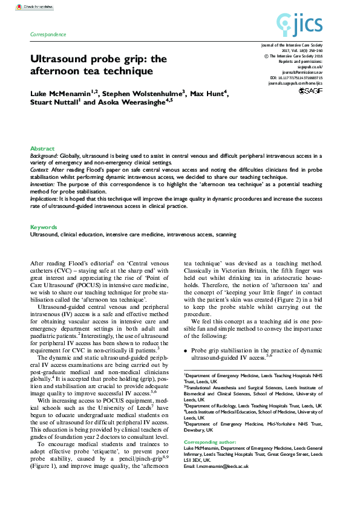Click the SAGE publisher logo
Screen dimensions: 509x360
click(x=312, y=91)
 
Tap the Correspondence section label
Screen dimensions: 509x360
click(x=48, y=34)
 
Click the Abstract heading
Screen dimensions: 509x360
click(x=42, y=148)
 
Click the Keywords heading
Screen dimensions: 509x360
click(x=44, y=227)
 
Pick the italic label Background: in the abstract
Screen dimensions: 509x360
click(x=44, y=155)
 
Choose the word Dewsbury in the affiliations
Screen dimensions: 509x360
click(x=197, y=430)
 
